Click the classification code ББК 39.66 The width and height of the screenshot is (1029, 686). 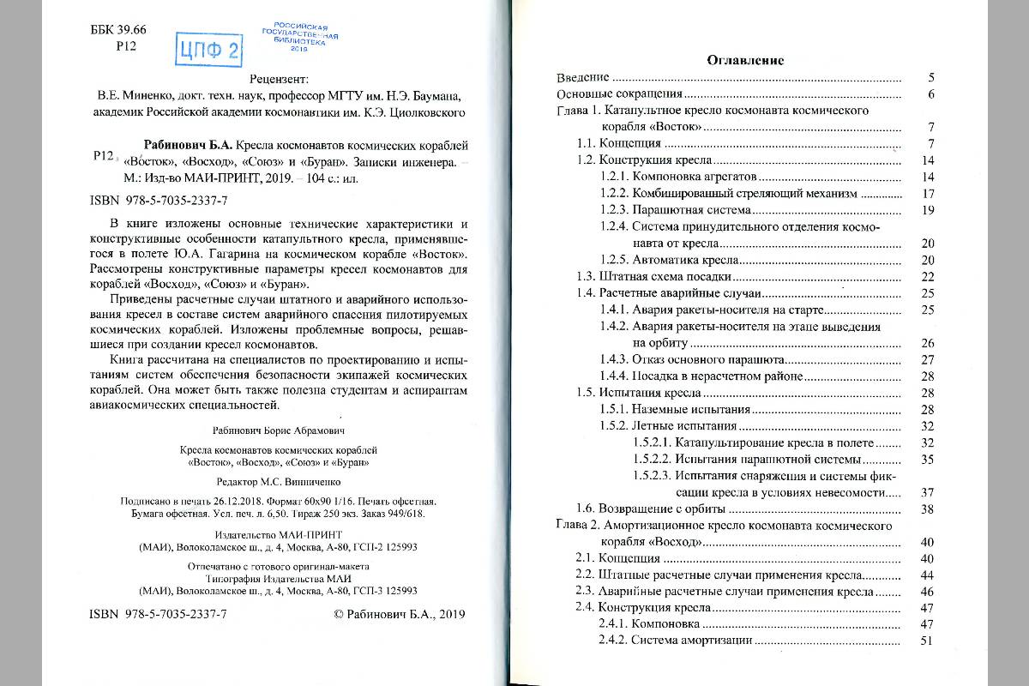(x=118, y=30)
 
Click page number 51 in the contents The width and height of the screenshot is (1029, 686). (x=925, y=641)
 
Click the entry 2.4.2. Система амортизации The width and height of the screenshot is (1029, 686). (x=676, y=641)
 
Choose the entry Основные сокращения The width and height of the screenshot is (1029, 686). (x=619, y=94)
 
